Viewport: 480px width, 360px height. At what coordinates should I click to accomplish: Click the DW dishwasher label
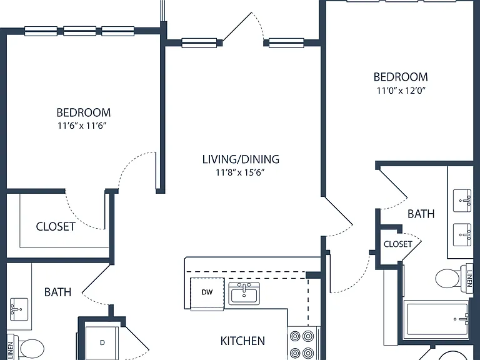pos(207,292)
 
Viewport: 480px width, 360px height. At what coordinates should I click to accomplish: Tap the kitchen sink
pos(244,293)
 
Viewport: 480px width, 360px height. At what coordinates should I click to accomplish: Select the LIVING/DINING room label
pos(241,159)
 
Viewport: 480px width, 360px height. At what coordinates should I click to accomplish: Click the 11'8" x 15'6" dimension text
pos(240,172)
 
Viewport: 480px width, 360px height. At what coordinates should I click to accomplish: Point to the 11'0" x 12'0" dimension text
pos(401,91)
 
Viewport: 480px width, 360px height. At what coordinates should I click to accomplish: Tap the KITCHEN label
pos(242,341)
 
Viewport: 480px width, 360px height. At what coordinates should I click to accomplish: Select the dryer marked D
pos(102,342)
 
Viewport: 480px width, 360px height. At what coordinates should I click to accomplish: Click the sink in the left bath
pos(19,309)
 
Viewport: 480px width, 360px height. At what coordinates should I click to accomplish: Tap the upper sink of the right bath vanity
pos(462,201)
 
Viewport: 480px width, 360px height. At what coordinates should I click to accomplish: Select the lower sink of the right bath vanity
pos(462,235)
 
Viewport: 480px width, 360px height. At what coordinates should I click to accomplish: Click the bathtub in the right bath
pos(436,319)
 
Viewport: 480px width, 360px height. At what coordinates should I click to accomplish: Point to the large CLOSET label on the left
pos(56,227)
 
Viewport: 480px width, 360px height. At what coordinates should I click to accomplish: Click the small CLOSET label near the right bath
pos(398,244)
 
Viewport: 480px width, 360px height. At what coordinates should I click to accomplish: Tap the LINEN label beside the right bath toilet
pos(469,279)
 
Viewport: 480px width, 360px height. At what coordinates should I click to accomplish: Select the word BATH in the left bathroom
pos(58,292)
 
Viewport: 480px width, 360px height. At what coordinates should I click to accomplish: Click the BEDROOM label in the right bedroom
pos(401,77)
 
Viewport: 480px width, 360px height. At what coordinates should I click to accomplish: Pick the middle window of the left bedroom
pos(79,31)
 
